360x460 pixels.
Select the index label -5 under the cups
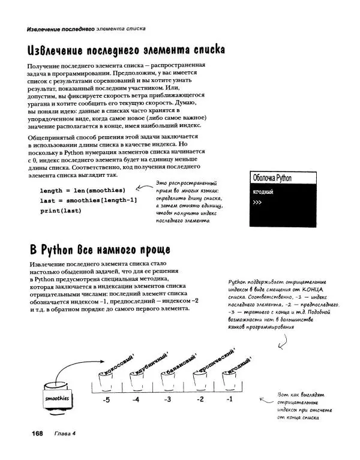click(106, 399)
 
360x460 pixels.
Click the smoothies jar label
click(58, 398)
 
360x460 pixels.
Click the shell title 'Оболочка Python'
click(272, 178)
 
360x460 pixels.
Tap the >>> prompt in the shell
click(258, 203)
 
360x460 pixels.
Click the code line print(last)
click(61, 211)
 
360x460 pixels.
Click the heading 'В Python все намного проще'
click(99, 249)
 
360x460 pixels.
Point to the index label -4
click(137, 399)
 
